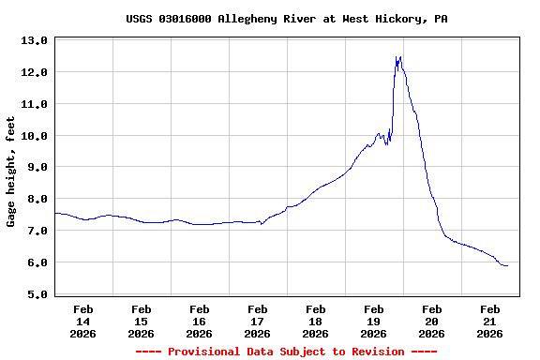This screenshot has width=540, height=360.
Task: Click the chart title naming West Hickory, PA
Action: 286,19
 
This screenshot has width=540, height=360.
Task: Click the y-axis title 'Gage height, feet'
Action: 11,172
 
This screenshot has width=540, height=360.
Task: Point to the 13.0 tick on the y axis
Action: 35,40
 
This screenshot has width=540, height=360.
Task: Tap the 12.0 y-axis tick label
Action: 35,72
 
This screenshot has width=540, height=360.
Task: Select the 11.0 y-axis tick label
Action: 35,104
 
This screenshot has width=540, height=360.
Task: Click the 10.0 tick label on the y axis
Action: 35,136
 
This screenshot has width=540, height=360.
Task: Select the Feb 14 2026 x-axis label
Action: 82,321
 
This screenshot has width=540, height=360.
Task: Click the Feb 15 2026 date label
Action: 141,321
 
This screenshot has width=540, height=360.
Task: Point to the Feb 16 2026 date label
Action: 199,321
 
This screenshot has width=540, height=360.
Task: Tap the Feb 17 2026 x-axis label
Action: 257,321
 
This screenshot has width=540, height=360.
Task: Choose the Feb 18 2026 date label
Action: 315,321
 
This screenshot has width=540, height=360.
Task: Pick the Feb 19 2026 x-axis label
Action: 373,321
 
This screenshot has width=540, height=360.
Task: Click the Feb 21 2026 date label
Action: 489,321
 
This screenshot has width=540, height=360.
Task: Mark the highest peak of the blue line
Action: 400,57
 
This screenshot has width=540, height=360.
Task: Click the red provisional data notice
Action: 286,352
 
